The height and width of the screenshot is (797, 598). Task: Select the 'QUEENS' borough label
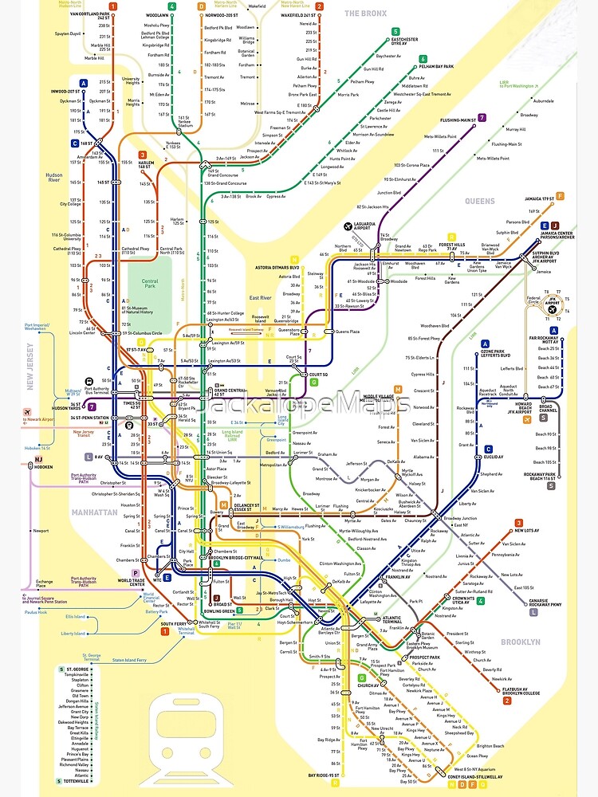point(479,202)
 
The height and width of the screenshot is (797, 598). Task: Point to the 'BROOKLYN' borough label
point(520,642)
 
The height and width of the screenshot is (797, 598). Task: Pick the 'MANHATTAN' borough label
point(93,512)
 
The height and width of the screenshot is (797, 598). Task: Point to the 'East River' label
point(261,297)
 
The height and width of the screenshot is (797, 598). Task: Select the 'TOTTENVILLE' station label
point(77,781)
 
